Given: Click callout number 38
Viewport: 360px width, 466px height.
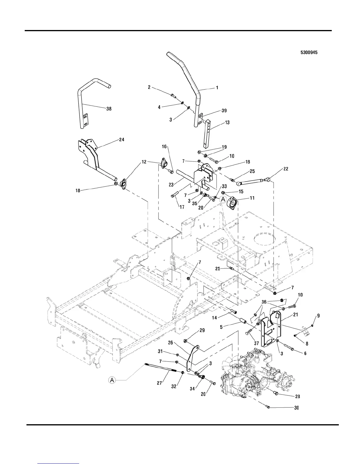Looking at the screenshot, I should tap(109, 109).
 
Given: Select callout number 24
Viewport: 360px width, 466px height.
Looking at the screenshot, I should tap(121, 140).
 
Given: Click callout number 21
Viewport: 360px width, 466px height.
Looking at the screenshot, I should tap(295, 315).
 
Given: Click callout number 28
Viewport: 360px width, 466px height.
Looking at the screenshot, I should tap(297, 396).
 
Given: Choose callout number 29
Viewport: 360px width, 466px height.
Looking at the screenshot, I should tap(202, 330).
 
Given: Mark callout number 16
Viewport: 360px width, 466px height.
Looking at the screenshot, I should tap(164, 146).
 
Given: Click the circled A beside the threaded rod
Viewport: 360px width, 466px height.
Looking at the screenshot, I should tap(112, 380).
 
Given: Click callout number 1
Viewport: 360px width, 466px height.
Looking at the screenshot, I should tap(217, 88).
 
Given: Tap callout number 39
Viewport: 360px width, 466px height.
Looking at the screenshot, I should tap(224, 111).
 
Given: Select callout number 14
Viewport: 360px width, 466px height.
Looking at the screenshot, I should tap(214, 318).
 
